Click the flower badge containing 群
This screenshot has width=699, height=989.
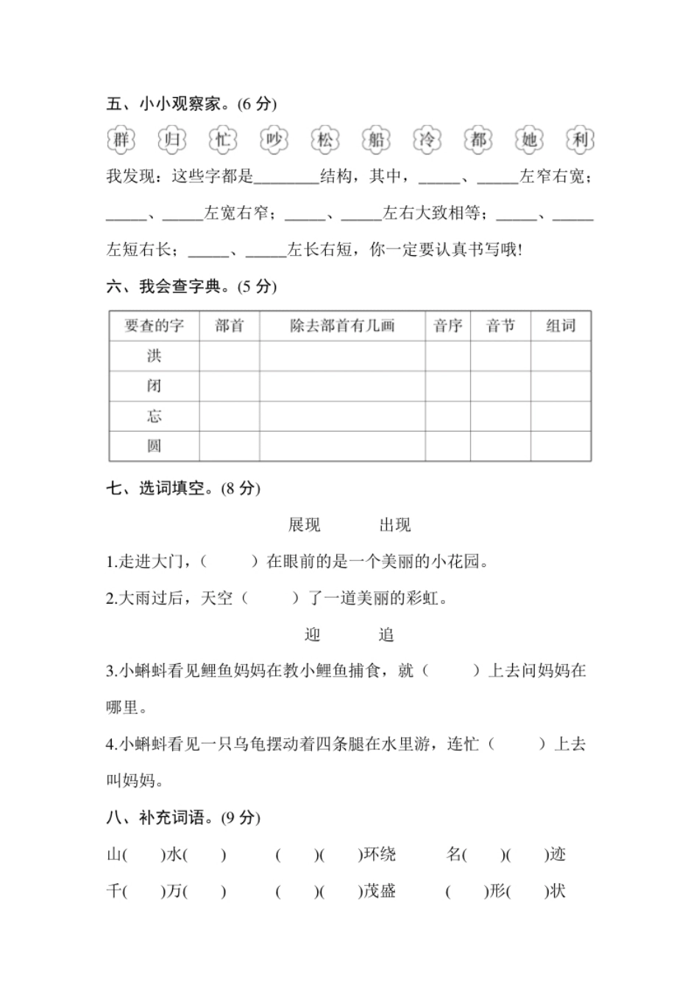[x=121, y=140]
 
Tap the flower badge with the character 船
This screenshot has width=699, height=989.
[x=376, y=140]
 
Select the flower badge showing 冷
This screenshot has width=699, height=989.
[x=427, y=140]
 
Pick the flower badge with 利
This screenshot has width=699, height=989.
[x=580, y=140]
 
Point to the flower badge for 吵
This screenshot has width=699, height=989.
[x=274, y=140]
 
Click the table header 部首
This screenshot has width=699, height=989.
[x=229, y=326]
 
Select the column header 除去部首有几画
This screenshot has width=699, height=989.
[x=342, y=326]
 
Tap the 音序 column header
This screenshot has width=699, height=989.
[x=447, y=326]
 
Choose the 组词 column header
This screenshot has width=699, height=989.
[x=561, y=326]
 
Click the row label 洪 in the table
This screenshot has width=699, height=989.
[x=154, y=356]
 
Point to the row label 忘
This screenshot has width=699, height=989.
[x=154, y=416]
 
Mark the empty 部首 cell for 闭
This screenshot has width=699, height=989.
[x=229, y=386]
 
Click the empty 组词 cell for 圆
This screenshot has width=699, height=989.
[x=561, y=446]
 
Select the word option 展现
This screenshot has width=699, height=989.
[x=304, y=525]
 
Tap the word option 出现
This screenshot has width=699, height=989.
[x=394, y=525]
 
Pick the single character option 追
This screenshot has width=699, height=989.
[x=386, y=635]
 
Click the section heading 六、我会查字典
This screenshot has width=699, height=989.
[x=191, y=287]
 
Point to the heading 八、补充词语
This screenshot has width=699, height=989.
[x=183, y=818]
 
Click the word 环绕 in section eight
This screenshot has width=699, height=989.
[x=380, y=854]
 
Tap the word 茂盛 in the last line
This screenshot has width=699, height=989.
[x=380, y=891]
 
